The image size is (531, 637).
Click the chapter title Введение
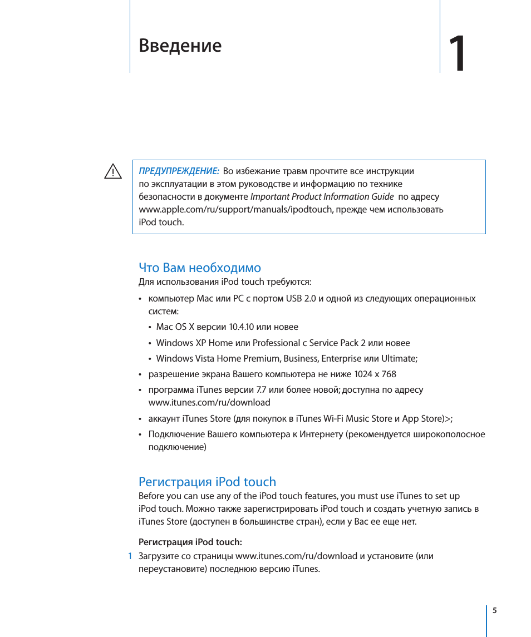(180, 46)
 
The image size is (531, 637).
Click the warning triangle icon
(113, 172)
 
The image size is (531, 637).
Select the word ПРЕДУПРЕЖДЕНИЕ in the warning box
(179, 171)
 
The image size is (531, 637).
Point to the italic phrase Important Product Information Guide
(322, 197)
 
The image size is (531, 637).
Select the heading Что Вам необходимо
(199, 268)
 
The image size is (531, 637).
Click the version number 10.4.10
(242, 327)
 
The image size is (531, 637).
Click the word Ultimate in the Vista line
(398, 359)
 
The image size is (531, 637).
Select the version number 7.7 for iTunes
(260, 390)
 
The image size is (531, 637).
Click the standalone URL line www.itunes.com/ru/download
(209, 403)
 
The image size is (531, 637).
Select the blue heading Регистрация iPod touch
(207, 482)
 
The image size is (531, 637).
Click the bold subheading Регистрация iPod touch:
(190, 542)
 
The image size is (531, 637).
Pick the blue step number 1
(130, 556)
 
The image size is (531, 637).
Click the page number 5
(494, 611)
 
